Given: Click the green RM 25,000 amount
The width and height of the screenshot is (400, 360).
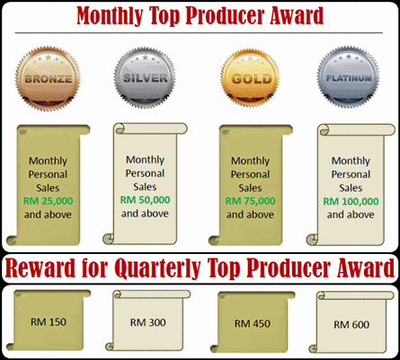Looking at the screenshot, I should coord(46,203).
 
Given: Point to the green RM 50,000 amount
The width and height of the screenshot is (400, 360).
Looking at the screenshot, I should coord(145,199).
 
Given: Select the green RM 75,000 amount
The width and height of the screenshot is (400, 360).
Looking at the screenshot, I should coord(250,201).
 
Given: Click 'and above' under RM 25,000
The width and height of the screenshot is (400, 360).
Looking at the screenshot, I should coord(46,216).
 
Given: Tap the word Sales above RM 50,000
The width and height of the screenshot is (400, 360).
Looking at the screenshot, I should coord(145,186).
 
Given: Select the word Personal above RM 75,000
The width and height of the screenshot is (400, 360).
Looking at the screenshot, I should coord(250,174).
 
